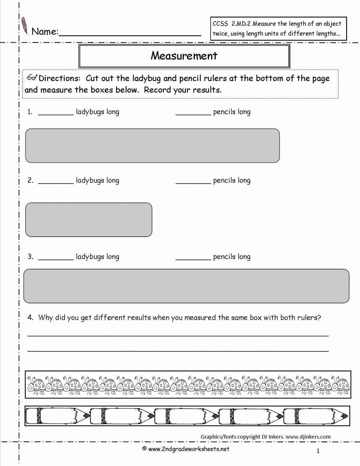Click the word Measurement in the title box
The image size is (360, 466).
[x=184, y=56]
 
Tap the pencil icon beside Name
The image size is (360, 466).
[x=25, y=26]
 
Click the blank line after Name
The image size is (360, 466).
[x=130, y=35]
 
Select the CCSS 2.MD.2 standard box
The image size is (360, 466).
[x=278, y=28]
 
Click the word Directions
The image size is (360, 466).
[x=59, y=78]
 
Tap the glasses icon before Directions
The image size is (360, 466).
[x=32, y=77]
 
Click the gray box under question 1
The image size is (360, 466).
[x=152, y=146]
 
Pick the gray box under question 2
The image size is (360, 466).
[x=89, y=219]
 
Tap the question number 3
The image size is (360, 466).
[x=30, y=256]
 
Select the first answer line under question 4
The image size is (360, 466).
[x=178, y=336]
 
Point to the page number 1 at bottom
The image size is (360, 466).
[x=318, y=451]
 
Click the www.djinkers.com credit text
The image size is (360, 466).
[x=308, y=437]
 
